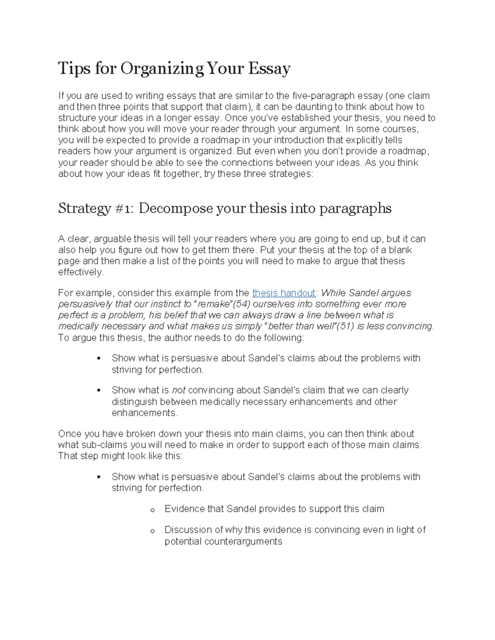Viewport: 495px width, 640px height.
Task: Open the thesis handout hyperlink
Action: [x=283, y=293]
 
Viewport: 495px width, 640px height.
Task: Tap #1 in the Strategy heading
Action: [x=123, y=209]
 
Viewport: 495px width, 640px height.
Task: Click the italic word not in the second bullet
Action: [x=178, y=390]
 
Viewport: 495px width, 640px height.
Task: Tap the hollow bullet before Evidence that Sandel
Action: [x=152, y=510]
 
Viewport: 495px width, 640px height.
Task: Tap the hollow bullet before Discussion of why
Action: [x=152, y=531]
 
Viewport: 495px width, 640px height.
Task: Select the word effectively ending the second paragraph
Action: [x=80, y=272]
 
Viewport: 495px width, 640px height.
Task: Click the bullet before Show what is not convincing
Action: [x=99, y=391]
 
